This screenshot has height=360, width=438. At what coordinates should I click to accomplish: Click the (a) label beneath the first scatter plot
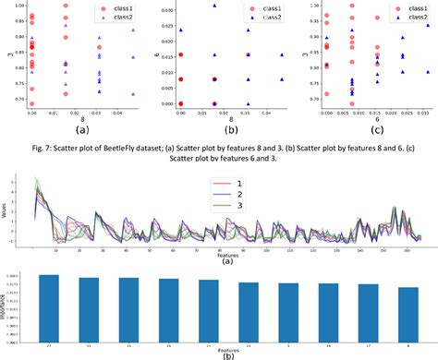81,129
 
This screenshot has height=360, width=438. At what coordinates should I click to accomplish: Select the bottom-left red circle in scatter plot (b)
180,103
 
